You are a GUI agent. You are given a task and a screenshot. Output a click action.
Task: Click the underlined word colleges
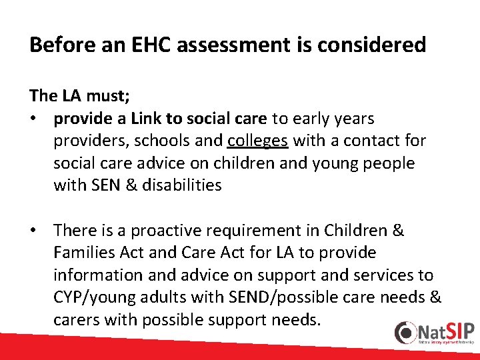(x=257, y=141)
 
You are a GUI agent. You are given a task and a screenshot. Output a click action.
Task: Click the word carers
(x=76, y=320)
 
